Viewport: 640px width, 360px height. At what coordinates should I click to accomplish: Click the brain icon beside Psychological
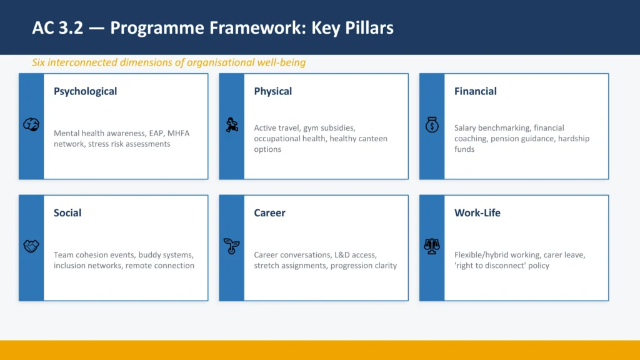(x=31, y=125)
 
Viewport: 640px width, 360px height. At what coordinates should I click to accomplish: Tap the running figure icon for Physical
(x=232, y=125)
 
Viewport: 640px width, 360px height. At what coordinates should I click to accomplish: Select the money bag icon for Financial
(x=432, y=125)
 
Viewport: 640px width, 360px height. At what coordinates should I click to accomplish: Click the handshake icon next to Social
(x=31, y=246)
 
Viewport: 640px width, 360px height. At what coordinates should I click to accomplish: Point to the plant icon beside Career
(x=232, y=246)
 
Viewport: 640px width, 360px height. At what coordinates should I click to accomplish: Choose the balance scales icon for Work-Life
(x=432, y=246)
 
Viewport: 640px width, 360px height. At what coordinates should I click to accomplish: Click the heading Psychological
(x=85, y=91)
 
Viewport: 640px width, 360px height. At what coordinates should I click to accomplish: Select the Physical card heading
(x=272, y=91)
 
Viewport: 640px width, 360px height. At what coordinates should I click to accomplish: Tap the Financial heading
(x=475, y=91)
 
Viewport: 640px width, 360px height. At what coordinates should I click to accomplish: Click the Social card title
(x=67, y=212)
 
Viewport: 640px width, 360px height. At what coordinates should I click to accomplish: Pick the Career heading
(x=269, y=212)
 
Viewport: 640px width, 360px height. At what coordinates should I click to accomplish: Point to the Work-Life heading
(x=477, y=212)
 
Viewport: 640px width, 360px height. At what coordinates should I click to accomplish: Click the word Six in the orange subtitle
(x=39, y=62)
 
